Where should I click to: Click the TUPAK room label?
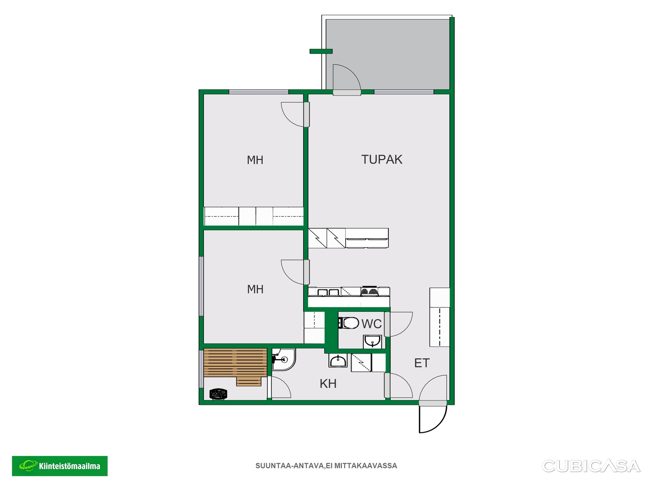pos(382,160)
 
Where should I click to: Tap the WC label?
pos(371,324)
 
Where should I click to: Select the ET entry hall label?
pos(422,363)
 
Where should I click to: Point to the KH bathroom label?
pos(328,384)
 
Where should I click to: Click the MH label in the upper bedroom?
pos(255,160)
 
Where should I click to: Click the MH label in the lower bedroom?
pos(255,289)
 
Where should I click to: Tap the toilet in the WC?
pos(349,323)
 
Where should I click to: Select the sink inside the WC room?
pos(372,341)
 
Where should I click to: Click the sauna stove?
pos(218,394)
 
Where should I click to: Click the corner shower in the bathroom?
pos(284,359)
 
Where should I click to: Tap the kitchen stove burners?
pos(369,291)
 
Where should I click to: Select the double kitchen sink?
pos(328,292)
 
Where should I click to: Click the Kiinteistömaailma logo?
pos(60,466)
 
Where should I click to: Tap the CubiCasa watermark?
pos(591,466)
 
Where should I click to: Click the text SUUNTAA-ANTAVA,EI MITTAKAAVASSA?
pos(326,466)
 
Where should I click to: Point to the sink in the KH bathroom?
pos(338,361)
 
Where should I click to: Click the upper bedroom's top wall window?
pos(258,92)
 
